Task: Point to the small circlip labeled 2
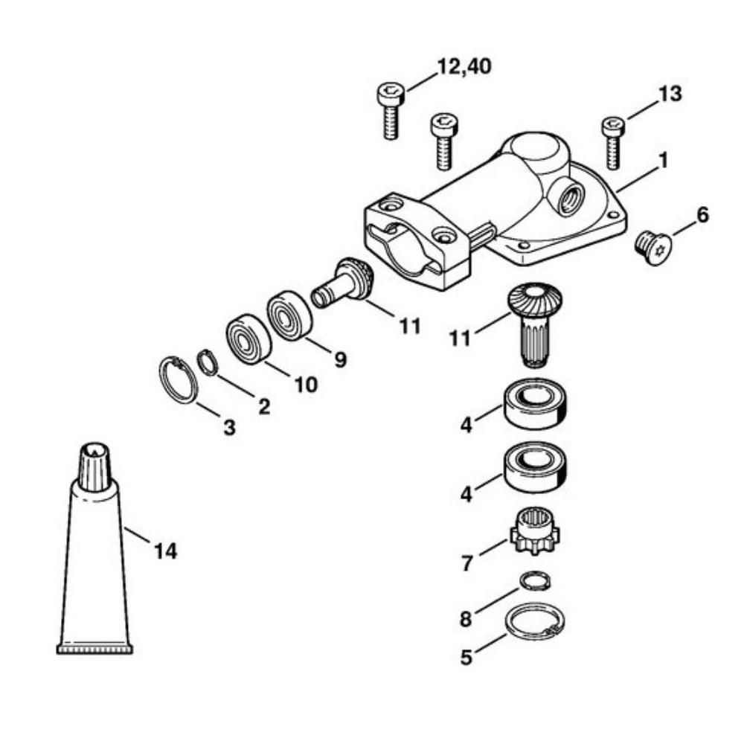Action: pos(206,363)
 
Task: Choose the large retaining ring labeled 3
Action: pos(177,379)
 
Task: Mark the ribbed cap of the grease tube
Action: pos(94,466)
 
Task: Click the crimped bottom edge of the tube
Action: pos(95,649)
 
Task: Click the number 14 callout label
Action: pos(165,551)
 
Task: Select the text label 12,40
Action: pos(464,65)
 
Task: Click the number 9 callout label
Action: pos(340,360)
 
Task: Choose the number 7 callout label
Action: pos(466,563)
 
